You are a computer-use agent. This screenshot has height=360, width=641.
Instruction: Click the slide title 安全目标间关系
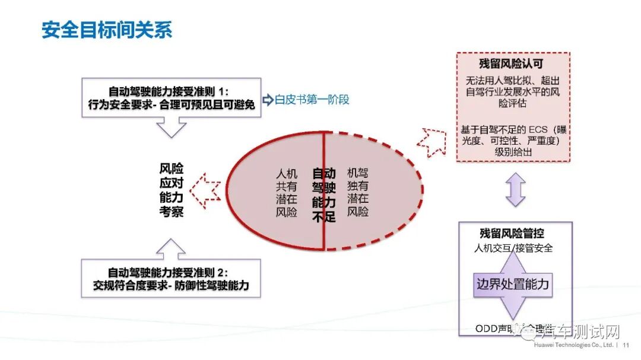pos(107,30)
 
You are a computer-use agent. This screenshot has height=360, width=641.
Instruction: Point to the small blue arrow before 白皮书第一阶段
pos(267,99)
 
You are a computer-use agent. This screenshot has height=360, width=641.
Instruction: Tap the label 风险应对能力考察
pos(171,190)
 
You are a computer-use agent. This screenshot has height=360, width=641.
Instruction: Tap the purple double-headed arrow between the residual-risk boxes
pos(515,190)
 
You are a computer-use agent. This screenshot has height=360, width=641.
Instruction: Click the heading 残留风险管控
pos(512,234)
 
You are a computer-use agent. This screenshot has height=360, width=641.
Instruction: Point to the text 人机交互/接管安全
pos(513,248)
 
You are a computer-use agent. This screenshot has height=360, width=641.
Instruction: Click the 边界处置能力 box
pos(513,285)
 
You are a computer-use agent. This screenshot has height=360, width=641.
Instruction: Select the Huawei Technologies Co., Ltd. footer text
pos(574,345)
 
